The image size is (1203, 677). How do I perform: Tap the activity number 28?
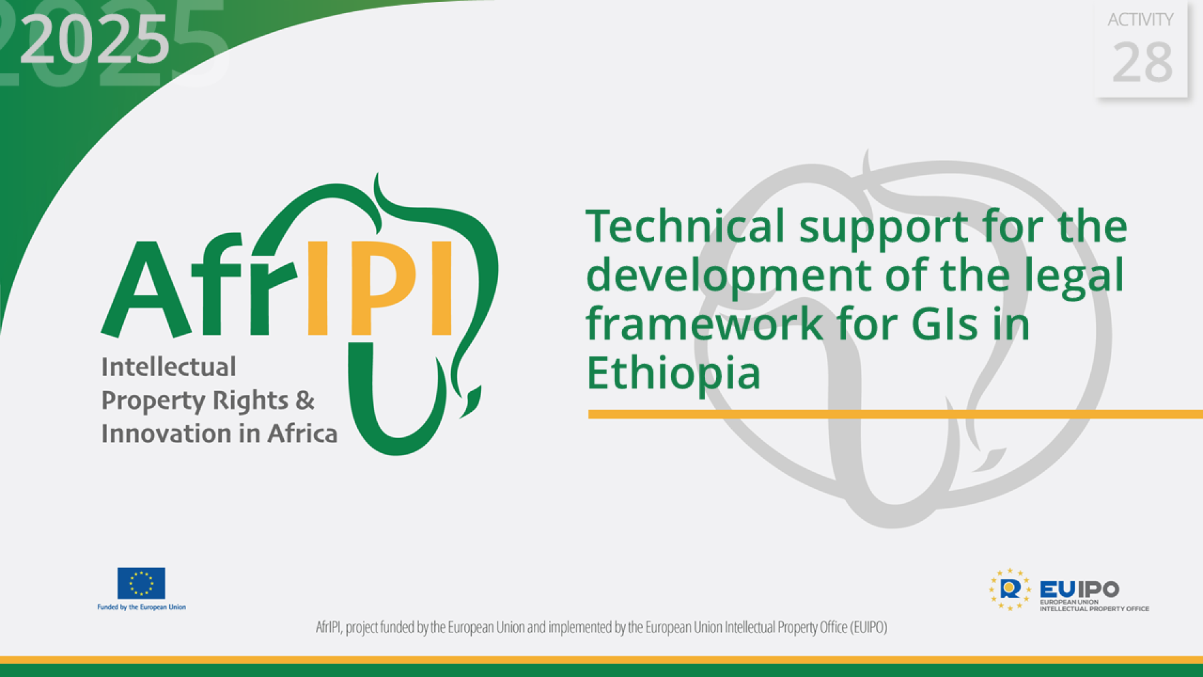1142,63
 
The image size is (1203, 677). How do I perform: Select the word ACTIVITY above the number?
1140,20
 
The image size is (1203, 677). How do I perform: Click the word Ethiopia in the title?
674,373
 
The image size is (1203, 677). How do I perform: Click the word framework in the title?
705,324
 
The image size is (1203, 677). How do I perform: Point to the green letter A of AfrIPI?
145,291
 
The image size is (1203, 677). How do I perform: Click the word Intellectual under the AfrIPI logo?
169,367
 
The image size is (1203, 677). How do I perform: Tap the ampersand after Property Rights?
305,401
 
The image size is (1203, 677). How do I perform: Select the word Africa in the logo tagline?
303,434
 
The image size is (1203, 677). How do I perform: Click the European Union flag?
142,583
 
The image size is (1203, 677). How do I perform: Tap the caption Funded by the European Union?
142,607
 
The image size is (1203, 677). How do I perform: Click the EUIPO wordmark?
1079,589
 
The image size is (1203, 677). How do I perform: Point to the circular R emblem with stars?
1010,589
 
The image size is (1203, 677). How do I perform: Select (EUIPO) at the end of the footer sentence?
868,627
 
